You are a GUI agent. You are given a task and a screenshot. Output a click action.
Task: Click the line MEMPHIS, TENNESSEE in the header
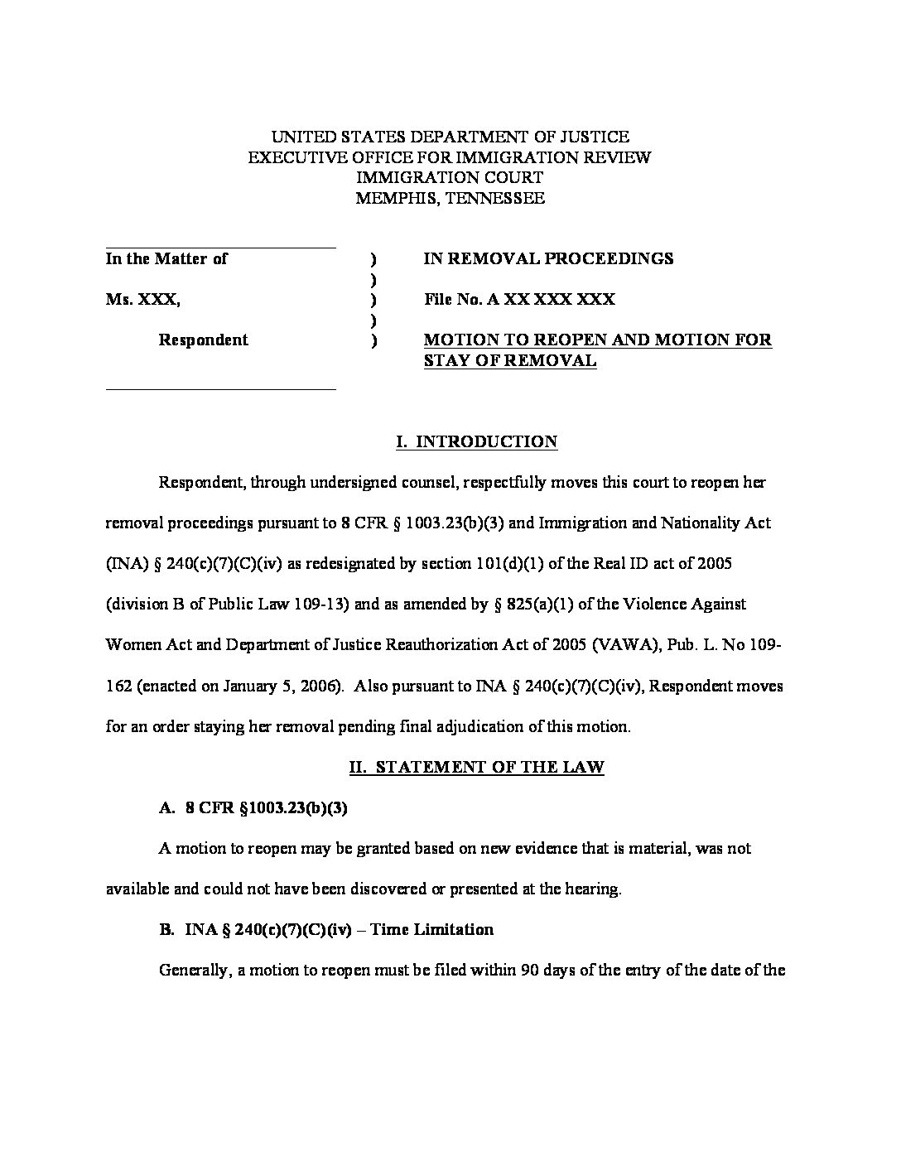pos(450,198)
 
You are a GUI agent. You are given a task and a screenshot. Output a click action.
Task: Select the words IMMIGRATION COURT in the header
pos(450,177)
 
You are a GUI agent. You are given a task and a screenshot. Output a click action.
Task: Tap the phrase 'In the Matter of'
pos(166,258)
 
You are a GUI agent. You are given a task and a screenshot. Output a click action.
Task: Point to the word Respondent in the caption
pos(203,340)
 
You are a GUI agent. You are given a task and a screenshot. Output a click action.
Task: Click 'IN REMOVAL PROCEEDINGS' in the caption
pos(548,258)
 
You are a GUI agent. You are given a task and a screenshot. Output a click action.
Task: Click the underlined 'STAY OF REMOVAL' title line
pos(509,360)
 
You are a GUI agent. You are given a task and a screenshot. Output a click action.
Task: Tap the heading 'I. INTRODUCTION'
pos(476,441)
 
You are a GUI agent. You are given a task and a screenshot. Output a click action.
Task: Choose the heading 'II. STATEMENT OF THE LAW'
pos(476,767)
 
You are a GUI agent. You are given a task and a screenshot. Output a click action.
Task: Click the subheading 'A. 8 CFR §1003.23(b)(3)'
pos(253,807)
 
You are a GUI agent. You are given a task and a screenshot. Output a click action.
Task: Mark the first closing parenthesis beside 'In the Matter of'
pos(374,259)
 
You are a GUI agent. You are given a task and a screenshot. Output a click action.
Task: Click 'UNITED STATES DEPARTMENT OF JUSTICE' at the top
pos(450,137)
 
